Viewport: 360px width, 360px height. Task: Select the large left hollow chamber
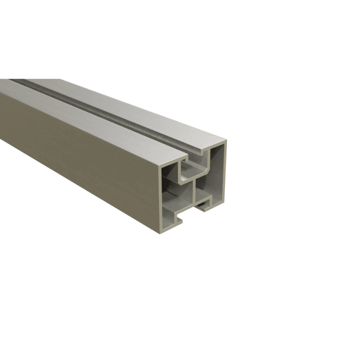173,198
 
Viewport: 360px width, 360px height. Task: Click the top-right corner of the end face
225,141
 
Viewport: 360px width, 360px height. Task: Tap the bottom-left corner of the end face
159,232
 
